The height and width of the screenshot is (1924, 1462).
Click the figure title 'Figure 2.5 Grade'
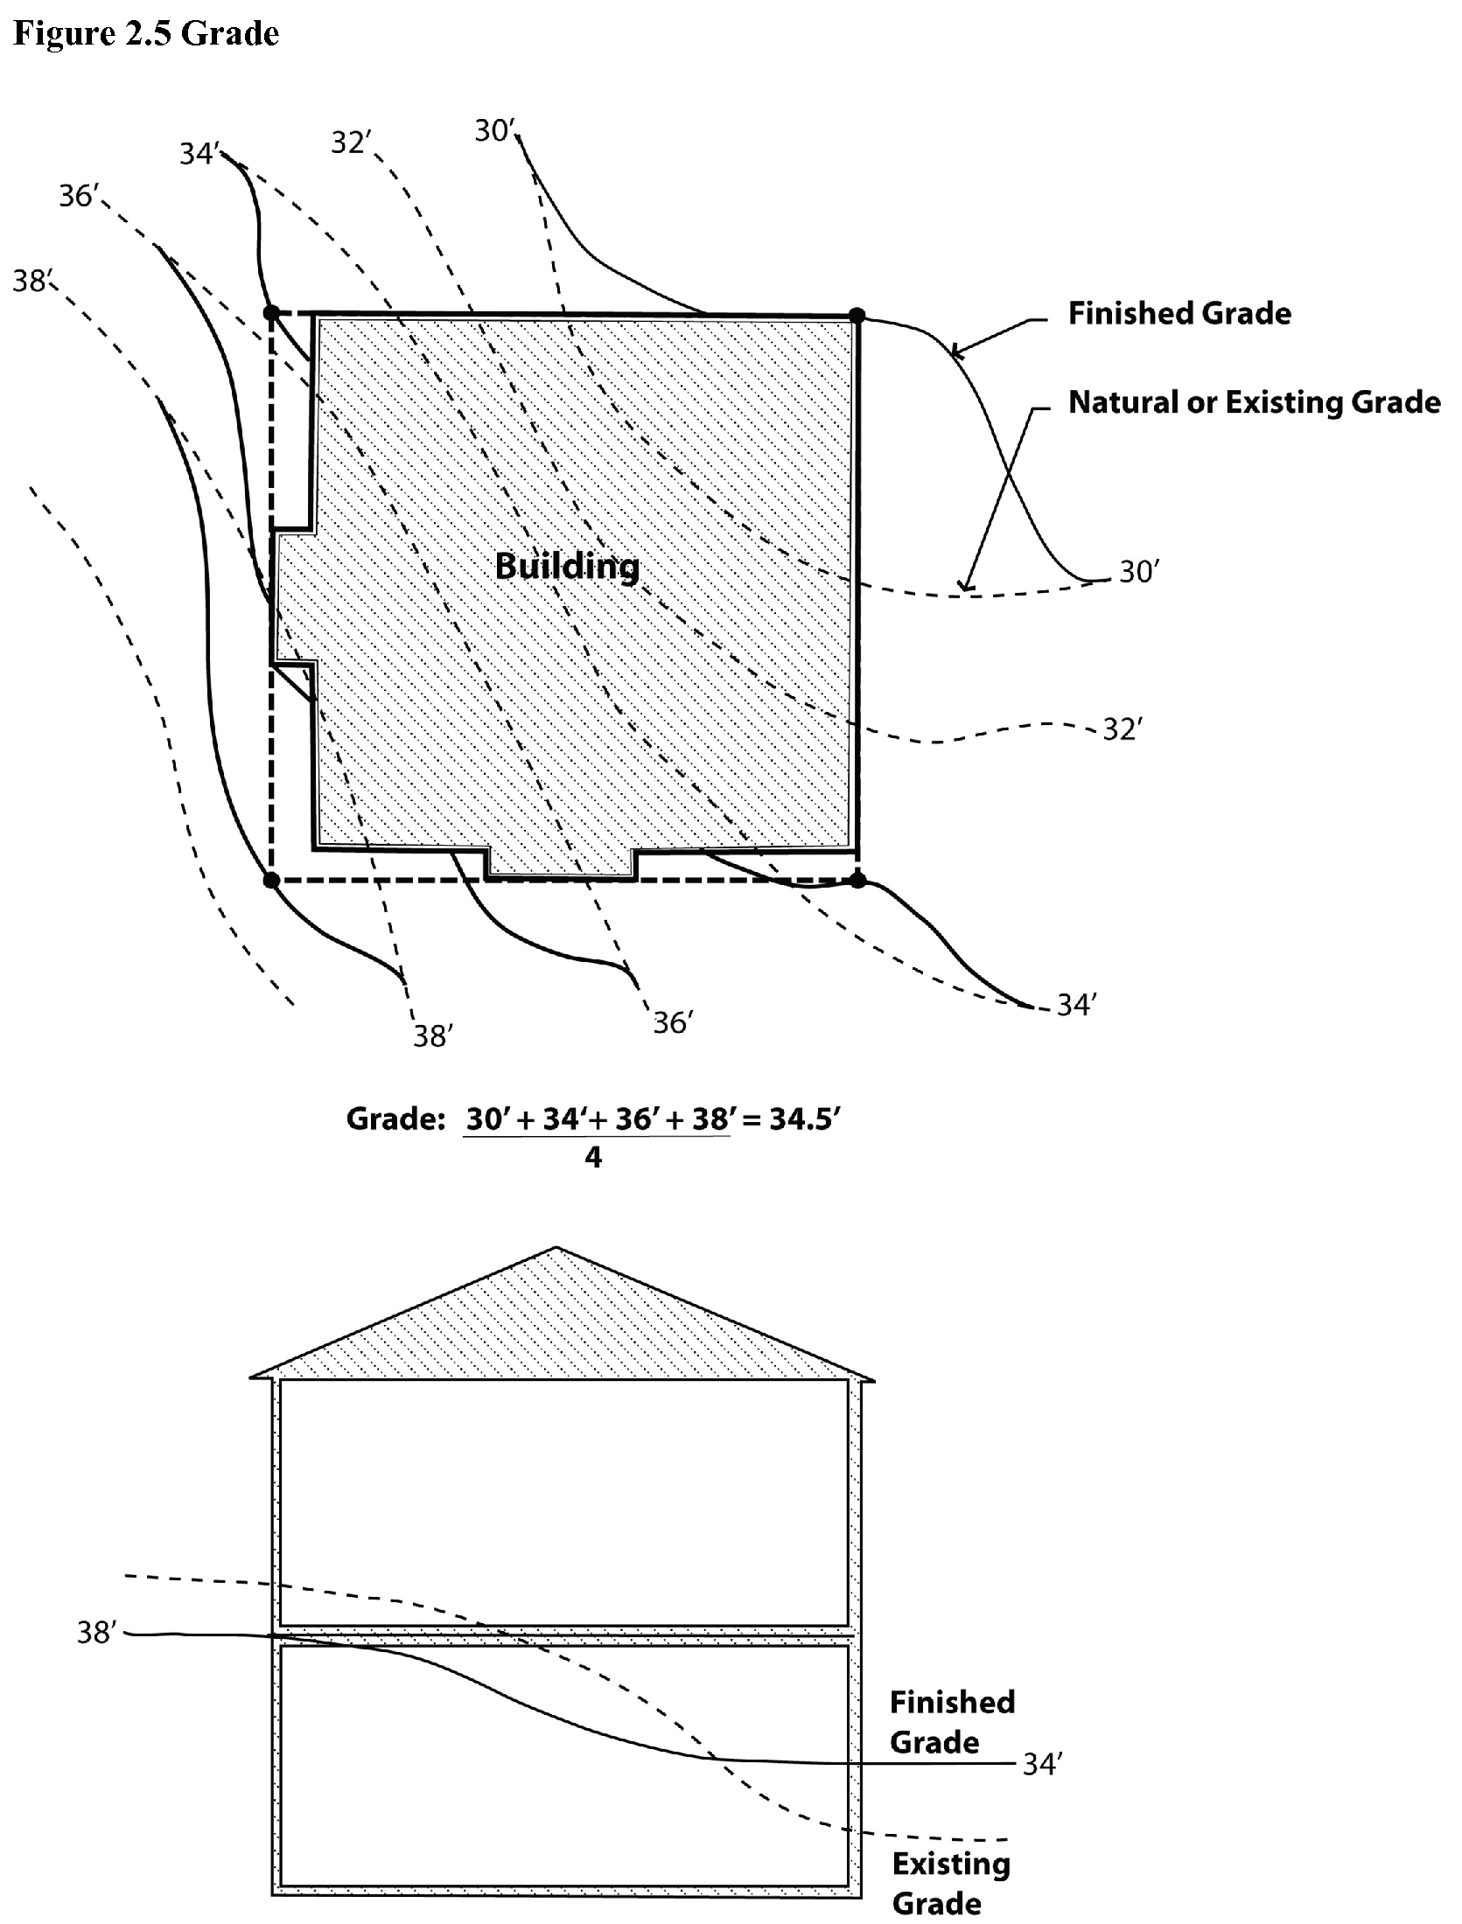click(146, 33)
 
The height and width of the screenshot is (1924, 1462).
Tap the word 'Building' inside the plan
click(567, 566)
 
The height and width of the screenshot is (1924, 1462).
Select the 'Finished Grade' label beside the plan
click(1179, 313)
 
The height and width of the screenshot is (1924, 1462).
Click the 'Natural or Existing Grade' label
click(1254, 402)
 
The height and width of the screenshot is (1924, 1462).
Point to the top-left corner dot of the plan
click(271, 312)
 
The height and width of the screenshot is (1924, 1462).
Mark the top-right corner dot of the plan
click(857, 315)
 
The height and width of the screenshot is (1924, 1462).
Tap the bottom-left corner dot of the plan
click(271, 880)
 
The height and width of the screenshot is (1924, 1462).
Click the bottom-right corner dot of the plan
click(857, 880)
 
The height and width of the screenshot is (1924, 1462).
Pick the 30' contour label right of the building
click(1139, 572)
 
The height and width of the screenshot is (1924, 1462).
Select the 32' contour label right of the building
click(1122, 729)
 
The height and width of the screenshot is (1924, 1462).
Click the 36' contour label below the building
click(673, 1022)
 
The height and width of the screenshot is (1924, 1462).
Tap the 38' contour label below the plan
click(432, 1036)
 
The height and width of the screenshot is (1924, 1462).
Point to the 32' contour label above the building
click(351, 143)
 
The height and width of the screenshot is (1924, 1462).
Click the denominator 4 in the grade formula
click(593, 1158)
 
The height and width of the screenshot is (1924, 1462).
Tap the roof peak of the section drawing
click(556, 1248)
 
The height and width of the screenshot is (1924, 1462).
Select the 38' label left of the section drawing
click(97, 1632)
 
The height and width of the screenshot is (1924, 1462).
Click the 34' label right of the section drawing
click(1042, 1765)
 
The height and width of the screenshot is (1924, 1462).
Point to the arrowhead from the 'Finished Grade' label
click(955, 353)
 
